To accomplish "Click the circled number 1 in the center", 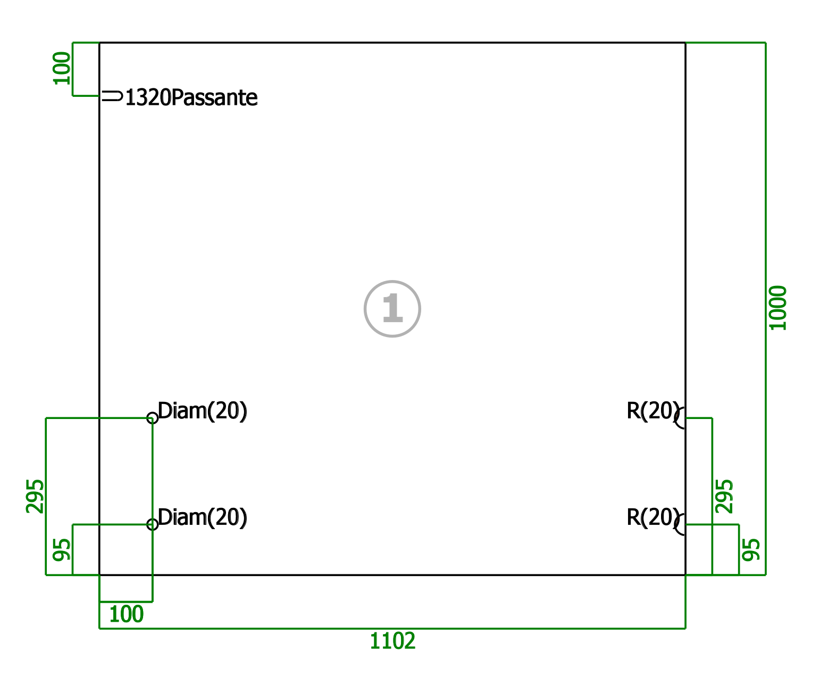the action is (x=392, y=308).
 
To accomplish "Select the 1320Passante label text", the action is (x=191, y=97).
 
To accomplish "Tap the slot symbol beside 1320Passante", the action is (x=112, y=96).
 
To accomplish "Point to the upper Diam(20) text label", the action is (x=202, y=411).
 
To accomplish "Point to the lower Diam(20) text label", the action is (x=202, y=517).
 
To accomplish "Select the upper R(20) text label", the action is (x=653, y=411).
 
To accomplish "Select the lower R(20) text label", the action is (x=653, y=517).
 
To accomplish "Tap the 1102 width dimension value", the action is (x=392, y=640).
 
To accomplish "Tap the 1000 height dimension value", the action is (x=777, y=308).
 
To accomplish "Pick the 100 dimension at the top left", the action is (x=62, y=68).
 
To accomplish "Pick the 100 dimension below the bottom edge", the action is (x=126, y=614).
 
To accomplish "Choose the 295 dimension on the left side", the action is (x=35, y=496).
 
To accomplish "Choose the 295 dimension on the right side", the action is (x=724, y=496).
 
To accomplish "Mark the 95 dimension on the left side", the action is (x=62, y=549).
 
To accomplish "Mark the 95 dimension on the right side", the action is (x=751, y=549).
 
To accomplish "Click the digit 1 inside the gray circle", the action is (x=392, y=308).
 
